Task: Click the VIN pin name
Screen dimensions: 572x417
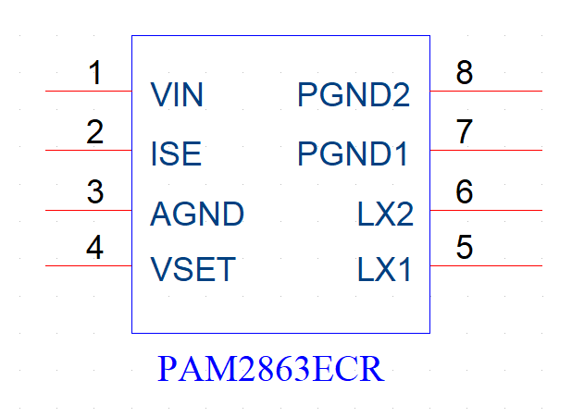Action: pos(177,94)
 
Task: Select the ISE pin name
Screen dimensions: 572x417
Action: pos(176,153)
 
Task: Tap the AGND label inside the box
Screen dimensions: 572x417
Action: pos(197,214)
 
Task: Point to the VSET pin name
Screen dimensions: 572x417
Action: pos(193,269)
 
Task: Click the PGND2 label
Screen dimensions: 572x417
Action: pos(354,94)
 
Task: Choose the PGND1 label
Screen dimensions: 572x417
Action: pos(353,153)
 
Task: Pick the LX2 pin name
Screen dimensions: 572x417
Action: pos(385,214)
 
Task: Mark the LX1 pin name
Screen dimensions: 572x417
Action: pos(384,269)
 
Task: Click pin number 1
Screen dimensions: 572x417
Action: pos(95,72)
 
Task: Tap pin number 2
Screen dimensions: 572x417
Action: pos(94,131)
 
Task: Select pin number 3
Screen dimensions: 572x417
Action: pos(95,191)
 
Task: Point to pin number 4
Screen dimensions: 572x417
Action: pos(94,247)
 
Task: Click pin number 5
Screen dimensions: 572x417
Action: pos(465,247)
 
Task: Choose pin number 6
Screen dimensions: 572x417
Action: pos(465,191)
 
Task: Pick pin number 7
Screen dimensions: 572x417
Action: pos(465,131)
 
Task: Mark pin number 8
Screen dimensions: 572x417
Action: pos(465,72)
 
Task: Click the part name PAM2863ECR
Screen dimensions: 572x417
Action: pos(270,369)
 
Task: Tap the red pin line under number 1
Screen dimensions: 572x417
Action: pos(89,91)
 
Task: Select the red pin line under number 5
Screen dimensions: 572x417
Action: pos(486,265)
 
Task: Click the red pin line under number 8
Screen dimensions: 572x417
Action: pos(486,91)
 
